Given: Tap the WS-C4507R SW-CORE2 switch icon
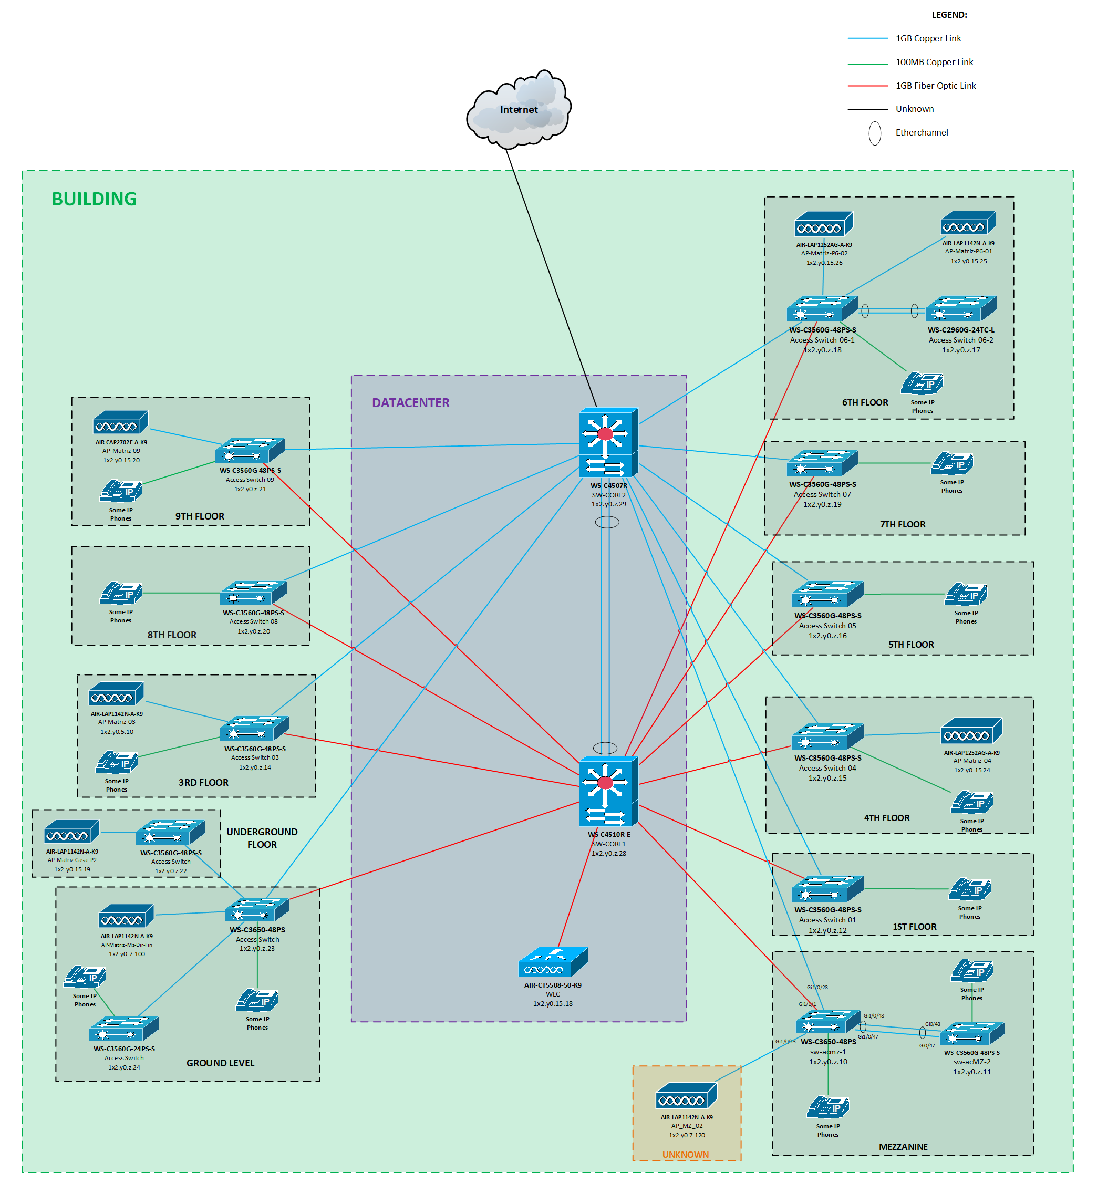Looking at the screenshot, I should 608,442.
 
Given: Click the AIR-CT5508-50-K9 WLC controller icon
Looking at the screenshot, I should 553,962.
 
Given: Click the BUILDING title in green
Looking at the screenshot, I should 94,199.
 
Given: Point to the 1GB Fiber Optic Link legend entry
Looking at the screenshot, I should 935,86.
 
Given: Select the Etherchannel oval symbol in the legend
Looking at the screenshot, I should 874,133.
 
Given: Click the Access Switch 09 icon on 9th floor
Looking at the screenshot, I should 250,451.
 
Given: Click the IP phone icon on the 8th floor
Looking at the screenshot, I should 120,593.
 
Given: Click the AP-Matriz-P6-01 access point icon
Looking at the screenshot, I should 967,224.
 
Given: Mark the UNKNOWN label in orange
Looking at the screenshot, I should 685,1155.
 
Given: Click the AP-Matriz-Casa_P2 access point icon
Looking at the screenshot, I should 71,832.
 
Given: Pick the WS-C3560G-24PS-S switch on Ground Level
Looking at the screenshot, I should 123,1029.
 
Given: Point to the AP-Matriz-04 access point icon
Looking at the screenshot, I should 971,731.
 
